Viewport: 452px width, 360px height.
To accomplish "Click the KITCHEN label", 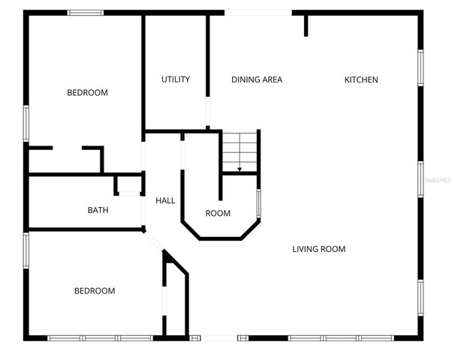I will pos(361,79).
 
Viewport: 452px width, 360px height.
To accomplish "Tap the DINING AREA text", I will pos(257,79).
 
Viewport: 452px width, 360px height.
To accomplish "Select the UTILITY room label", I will pos(176,79).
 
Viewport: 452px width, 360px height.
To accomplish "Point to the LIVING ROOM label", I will pos(319,249).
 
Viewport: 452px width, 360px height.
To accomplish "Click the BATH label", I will pos(98,210).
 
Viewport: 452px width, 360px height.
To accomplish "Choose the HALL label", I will pos(165,201).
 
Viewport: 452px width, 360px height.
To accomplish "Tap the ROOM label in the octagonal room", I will pos(218,214).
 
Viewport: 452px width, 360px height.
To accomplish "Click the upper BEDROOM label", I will pos(88,93).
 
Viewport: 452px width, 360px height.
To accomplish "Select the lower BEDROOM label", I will pos(95,291).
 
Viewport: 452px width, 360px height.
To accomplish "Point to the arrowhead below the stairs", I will pos(240,170).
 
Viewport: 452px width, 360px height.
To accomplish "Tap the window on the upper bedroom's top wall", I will pos(86,12).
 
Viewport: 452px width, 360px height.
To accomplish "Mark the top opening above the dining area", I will pos(258,12).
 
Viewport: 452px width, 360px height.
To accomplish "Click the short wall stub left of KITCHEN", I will pos(306,24).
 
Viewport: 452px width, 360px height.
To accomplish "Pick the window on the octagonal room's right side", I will pos(259,203).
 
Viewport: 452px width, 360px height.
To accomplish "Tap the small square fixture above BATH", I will pos(128,186).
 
